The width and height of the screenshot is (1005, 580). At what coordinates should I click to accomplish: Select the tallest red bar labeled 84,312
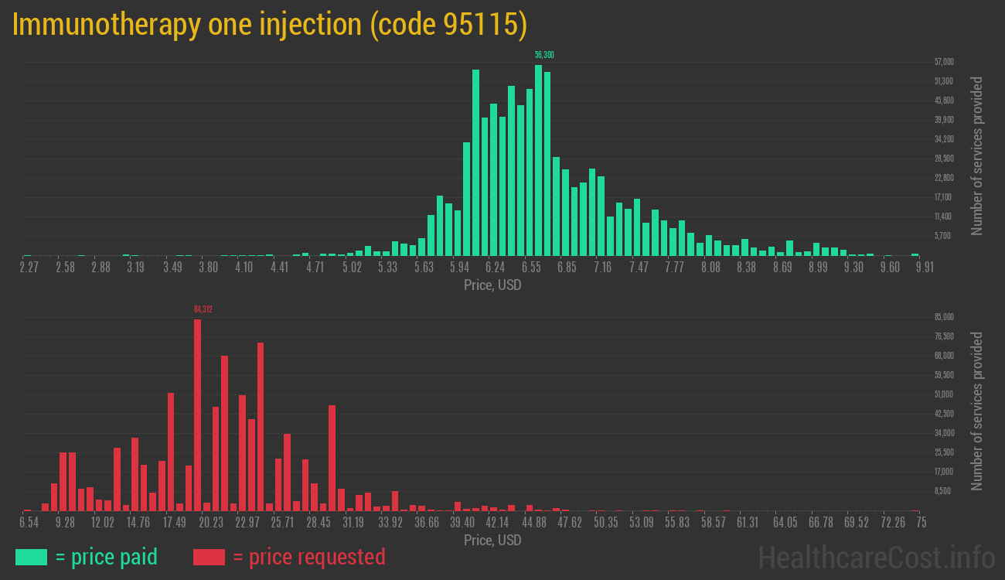197,415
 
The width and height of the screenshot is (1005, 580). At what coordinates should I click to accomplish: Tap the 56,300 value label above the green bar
544,55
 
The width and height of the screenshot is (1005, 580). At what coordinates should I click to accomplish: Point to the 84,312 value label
203,309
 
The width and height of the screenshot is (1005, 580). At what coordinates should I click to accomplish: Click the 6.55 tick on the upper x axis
530,267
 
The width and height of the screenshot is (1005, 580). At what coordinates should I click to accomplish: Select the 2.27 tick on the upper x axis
29,267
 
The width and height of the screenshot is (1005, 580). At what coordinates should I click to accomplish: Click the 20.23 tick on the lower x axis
211,522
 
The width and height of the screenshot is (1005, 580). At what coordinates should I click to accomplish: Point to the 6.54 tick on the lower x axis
29,522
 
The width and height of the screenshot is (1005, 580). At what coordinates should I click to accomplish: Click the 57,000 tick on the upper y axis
944,62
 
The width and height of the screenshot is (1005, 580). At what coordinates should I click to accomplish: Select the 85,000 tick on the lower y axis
944,317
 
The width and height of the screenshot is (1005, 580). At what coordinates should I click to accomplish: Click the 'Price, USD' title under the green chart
492,285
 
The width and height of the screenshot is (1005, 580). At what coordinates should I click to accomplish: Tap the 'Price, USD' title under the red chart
492,540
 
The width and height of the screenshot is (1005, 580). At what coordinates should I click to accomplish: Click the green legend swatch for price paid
31,557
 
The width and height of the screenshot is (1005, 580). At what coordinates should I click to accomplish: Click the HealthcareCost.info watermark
876,557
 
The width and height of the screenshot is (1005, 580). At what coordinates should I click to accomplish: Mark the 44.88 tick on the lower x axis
533,522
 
